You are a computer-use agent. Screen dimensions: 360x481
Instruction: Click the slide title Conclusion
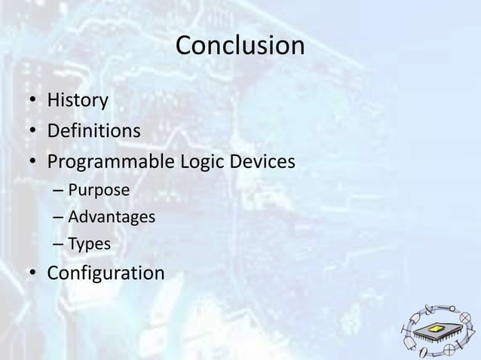(x=240, y=47)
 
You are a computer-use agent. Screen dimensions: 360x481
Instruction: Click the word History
(x=78, y=99)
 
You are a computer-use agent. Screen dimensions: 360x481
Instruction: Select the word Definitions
(x=94, y=131)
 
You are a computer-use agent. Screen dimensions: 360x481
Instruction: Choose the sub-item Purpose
(x=99, y=190)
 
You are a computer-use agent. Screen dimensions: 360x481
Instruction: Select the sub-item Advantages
(x=112, y=218)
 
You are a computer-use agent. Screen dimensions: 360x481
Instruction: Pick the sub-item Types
(x=89, y=245)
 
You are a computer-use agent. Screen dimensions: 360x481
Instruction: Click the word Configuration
(x=106, y=273)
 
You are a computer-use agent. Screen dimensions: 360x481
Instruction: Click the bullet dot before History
(x=34, y=101)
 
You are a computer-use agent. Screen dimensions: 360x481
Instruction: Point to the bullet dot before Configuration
(x=34, y=273)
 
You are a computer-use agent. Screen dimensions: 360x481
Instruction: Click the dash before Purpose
(x=58, y=190)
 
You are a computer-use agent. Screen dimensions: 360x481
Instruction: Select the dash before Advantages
(x=58, y=218)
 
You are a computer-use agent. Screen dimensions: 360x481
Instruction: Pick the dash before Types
(x=58, y=245)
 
